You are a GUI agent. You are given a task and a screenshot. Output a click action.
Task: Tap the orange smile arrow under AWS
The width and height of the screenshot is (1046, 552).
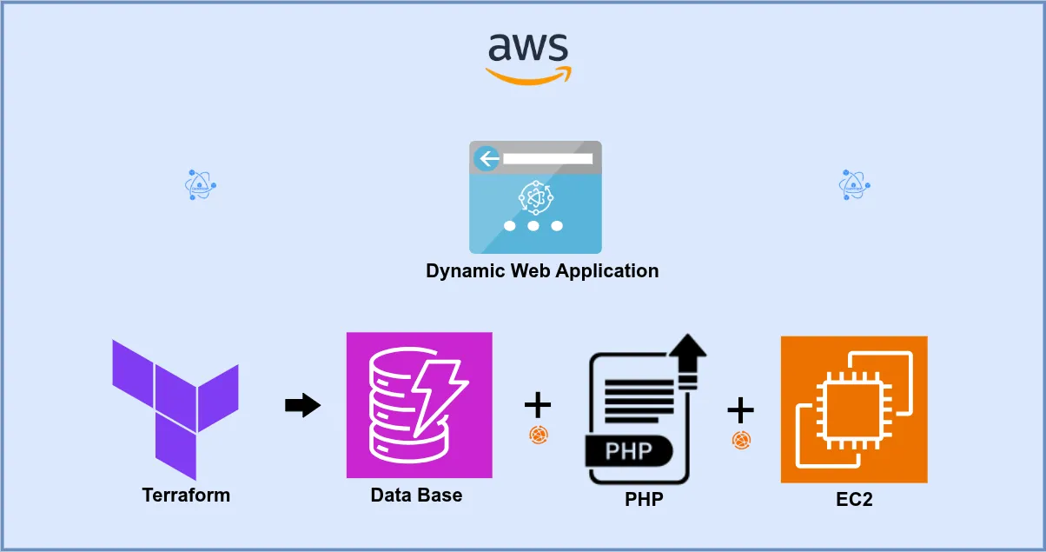coord(527,76)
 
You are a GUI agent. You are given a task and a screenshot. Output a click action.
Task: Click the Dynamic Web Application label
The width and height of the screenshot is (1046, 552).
coord(542,270)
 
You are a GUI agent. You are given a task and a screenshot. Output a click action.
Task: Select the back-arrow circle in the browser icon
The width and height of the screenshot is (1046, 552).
coord(487,158)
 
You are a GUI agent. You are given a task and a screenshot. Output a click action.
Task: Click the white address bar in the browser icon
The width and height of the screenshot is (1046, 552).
coord(547,159)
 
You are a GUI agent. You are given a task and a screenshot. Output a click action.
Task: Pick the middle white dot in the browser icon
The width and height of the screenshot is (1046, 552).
coord(533,225)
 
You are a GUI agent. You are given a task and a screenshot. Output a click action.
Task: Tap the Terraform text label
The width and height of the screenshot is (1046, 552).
coord(186,495)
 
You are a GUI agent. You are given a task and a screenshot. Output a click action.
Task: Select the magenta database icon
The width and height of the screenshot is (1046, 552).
coord(420,405)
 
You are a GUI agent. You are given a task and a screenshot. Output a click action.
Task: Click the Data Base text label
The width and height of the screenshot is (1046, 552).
coord(416,495)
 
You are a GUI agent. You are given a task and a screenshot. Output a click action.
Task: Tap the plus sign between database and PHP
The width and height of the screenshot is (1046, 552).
coord(538,404)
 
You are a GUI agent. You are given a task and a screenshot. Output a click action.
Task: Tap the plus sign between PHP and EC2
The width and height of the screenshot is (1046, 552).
coord(740,409)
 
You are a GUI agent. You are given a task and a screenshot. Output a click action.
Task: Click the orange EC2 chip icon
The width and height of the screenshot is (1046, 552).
coord(854,409)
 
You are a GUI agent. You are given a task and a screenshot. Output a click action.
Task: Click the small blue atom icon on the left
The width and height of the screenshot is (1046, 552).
coord(201,185)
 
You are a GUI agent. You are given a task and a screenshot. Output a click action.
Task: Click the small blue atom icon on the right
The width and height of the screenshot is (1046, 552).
coord(855,185)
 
